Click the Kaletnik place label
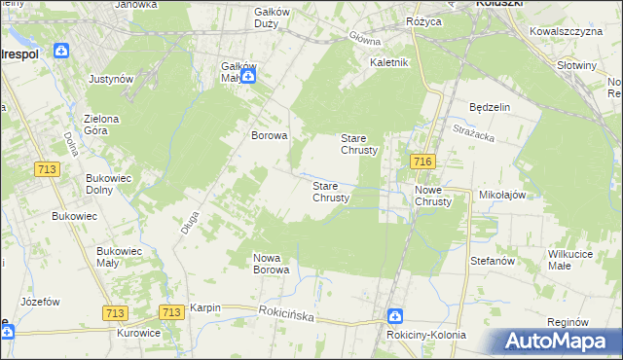(388, 62)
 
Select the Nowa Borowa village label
(272, 264)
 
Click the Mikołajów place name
(502, 195)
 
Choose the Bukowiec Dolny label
(109, 184)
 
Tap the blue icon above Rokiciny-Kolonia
(395, 316)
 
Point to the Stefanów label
(492, 261)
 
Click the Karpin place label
(205, 307)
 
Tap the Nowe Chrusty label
(433, 196)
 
